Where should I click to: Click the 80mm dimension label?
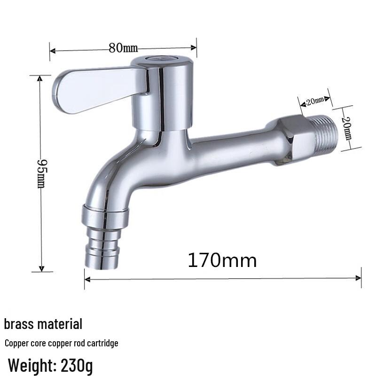(123, 47)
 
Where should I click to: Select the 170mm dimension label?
(222, 260)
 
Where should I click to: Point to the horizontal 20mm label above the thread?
(315, 100)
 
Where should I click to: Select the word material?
(60, 324)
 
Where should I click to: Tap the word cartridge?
(102, 344)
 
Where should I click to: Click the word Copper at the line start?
(16, 344)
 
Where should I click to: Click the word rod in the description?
(79, 344)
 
